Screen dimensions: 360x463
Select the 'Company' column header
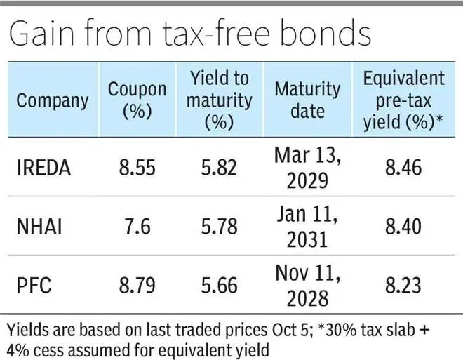pos(53,100)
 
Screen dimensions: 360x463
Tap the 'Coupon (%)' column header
pos(137,100)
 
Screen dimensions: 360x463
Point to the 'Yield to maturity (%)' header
pos(219,100)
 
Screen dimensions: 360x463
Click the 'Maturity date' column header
pos(307,100)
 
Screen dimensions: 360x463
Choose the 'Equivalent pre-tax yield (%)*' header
pos(403,100)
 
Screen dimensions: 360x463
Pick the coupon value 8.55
pos(137,168)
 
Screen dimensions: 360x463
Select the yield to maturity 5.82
pos(219,168)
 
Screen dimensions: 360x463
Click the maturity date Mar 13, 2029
pos(307,168)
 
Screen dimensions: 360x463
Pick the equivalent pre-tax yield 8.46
pos(403,168)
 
